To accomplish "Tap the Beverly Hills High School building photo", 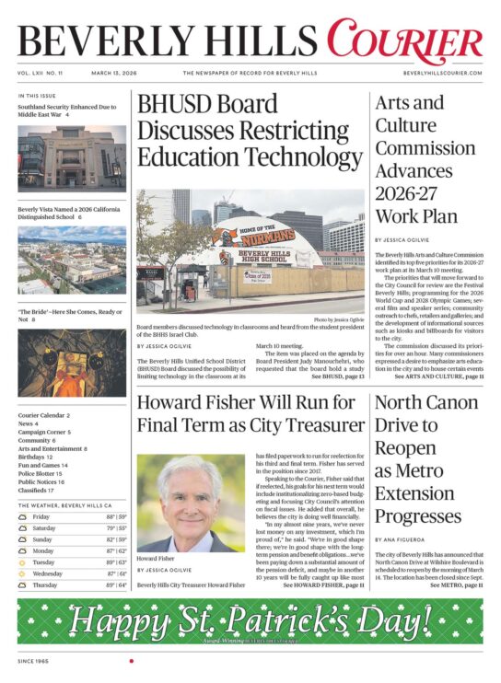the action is click(250, 250).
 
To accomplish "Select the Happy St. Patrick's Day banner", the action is click(250, 621).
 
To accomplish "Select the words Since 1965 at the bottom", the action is click(32, 661).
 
